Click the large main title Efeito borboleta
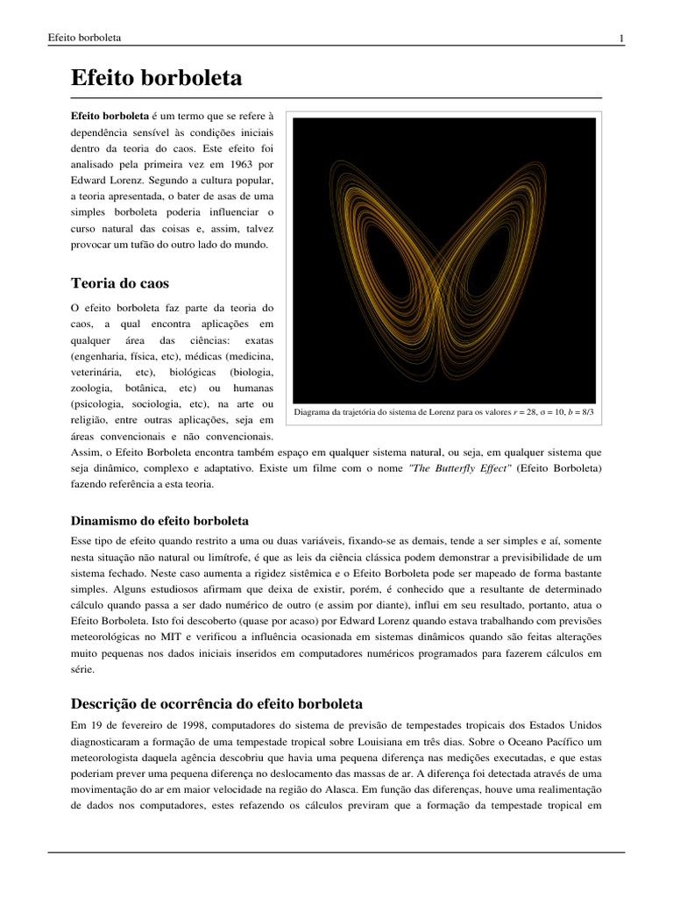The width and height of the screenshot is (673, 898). point(156,79)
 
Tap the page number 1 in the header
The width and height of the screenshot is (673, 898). point(620,38)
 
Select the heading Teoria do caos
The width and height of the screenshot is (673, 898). point(119,283)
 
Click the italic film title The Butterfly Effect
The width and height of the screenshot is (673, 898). point(456,467)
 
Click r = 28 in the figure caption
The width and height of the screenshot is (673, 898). point(504,412)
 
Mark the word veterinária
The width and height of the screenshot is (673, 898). point(97,372)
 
